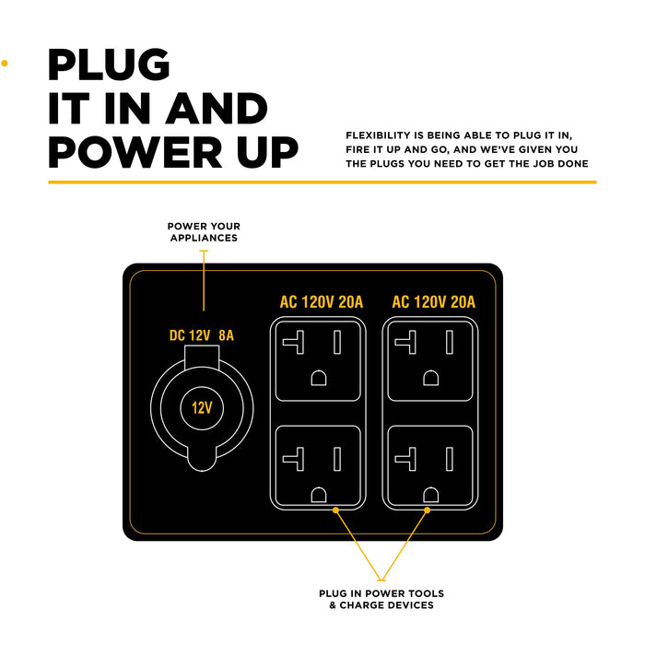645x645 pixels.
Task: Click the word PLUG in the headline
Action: pyautogui.click(x=110, y=65)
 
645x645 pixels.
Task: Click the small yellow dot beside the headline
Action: pyautogui.click(x=5, y=64)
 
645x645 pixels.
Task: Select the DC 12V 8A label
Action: pyautogui.click(x=202, y=335)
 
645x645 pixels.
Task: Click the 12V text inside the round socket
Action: pyautogui.click(x=202, y=406)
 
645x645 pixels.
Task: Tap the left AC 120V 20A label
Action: pyautogui.click(x=321, y=302)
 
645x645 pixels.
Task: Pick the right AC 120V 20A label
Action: pyautogui.click(x=434, y=302)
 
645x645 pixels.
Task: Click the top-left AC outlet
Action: pyautogui.click(x=318, y=361)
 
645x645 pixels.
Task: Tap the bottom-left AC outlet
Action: pyautogui.click(x=318, y=465)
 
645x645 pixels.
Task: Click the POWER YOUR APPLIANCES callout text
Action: pyautogui.click(x=203, y=231)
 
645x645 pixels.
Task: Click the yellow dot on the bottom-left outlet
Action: pyautogui.click(x=336, y=509)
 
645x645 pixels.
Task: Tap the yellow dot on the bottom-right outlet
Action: pyautogui.click(x=428, y=509)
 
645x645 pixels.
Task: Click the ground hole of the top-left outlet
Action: pyautogui.click(x=318, y=378)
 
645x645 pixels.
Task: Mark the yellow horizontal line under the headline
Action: pyautogui.click(x=322, y=182)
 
